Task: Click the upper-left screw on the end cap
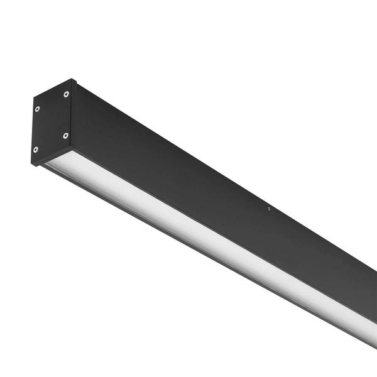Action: (x=37, y=109)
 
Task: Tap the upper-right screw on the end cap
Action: (x=66, y=94)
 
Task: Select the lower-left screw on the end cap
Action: (x=35, y=150)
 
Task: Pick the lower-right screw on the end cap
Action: (x=65, y=135)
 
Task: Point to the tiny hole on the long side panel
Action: (x=269, y=209)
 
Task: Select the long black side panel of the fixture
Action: (x=220, y=176)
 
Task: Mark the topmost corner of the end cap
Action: (x=72, y=79)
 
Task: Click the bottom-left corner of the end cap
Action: (x=31, y=164)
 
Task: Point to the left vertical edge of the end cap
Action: (x=33, y=132)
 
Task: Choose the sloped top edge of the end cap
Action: (x=53, y=89)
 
